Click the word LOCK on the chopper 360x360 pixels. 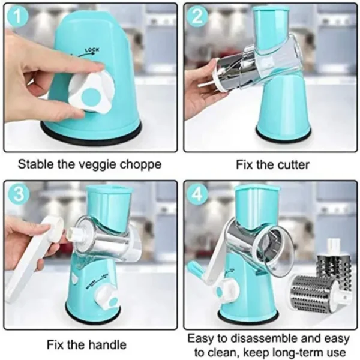[x=92, y=51]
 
